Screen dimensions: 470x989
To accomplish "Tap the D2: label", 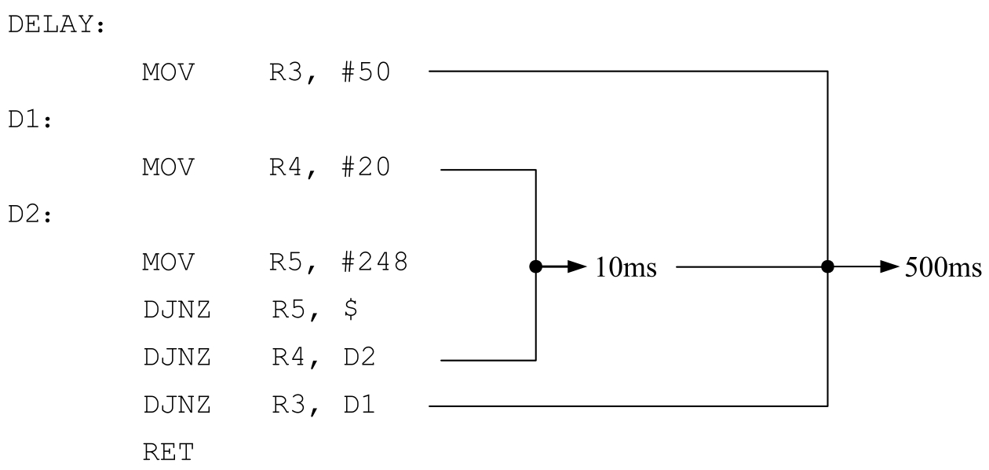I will click(31, 215).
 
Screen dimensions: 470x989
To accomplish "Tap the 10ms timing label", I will click(626, 267).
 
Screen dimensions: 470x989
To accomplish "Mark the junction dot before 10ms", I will click(535, 266).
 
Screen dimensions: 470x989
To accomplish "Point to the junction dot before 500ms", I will click(827, 266).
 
